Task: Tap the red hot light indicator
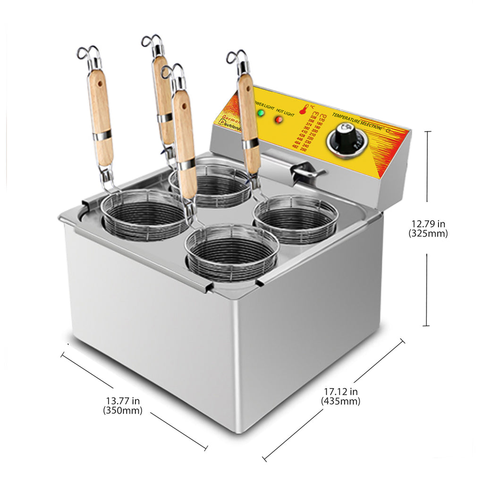click(x=279, y=119)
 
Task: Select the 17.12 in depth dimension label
click(x=340, y=391)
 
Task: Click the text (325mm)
click(x=428, y=233)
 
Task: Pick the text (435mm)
click(x=340, y=401)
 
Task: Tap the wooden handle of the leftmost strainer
click(x=100, y=118)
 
